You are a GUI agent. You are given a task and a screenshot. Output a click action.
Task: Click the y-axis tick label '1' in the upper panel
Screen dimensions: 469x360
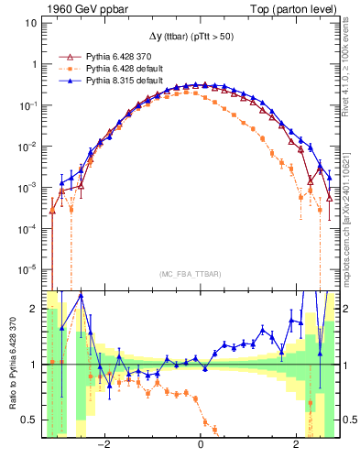click(x=36, y=64)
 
